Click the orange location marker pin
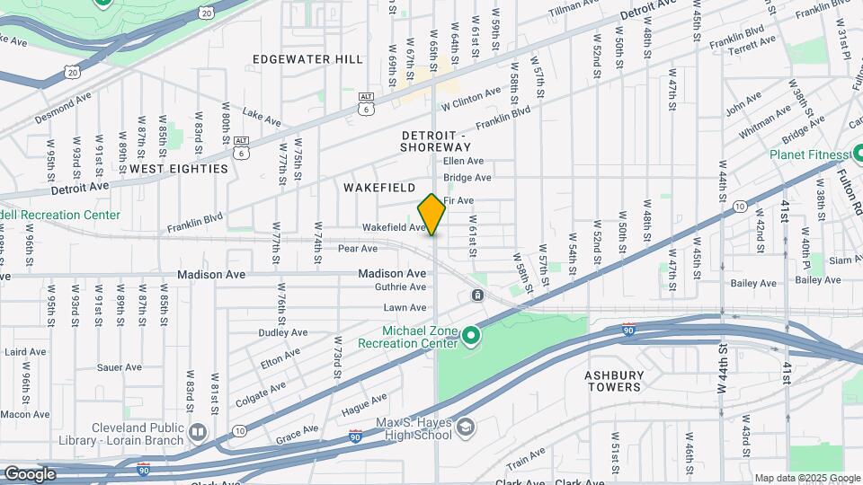tap(431, 215)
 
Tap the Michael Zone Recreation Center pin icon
tap(471, 337)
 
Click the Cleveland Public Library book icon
tap(199, 435)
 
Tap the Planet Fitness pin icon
tap(857, 154)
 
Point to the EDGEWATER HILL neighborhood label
tap(307, 59)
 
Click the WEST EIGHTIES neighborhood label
tap(178, 168)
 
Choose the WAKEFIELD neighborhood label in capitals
tap(379, 188)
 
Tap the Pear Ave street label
tap(357, 248)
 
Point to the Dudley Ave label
tap(283, 331)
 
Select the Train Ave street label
tap(526, 463)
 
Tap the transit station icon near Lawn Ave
tap(477, 295)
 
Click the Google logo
tap(30, 473)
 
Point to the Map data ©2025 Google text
tap(806, 478)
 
